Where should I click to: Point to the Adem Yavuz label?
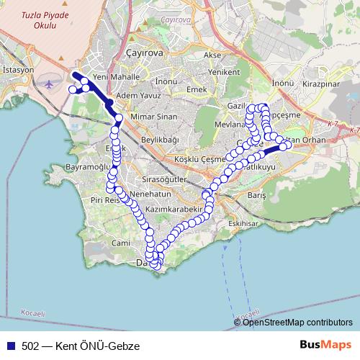pyautogui.click(x=138, y=94)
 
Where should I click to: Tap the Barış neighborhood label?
pyautogui.click(x=257, y=195)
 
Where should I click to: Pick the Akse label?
pyautogui.click(x=212, y=55)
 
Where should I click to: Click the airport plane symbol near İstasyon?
pyautogui.click(x=49, y=84)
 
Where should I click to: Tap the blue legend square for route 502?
pyautogui.click(x=9, y=346)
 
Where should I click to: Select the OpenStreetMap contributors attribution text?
pyautogui.click(x=298, y=322)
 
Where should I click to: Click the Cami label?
pyautogui.click(x=121, y=243)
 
